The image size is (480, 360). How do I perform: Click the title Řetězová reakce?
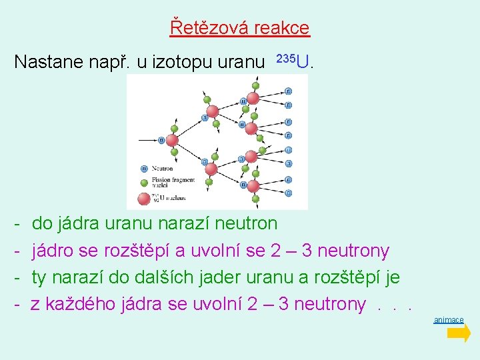(x=240, y=28)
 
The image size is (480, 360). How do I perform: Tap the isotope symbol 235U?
(x=295, y=62)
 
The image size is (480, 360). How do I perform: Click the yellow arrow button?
(x=459, y=333)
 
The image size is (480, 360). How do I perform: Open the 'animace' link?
(x=449, y=320)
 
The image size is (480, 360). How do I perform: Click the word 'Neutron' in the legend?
(x=162, y=169)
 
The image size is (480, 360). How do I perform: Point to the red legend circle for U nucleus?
(x=143, y=198)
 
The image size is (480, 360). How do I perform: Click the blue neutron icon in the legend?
(x=143, y=169)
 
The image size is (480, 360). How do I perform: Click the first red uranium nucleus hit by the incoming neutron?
(x=171, y=140)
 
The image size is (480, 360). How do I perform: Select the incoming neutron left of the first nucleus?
(x=161, y=140)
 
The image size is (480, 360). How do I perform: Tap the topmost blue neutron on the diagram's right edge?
(x=289, y=91)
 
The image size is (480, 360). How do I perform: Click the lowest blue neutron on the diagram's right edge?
(x=289, y=193)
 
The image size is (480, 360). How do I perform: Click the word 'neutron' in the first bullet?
(x=247, y=223)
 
